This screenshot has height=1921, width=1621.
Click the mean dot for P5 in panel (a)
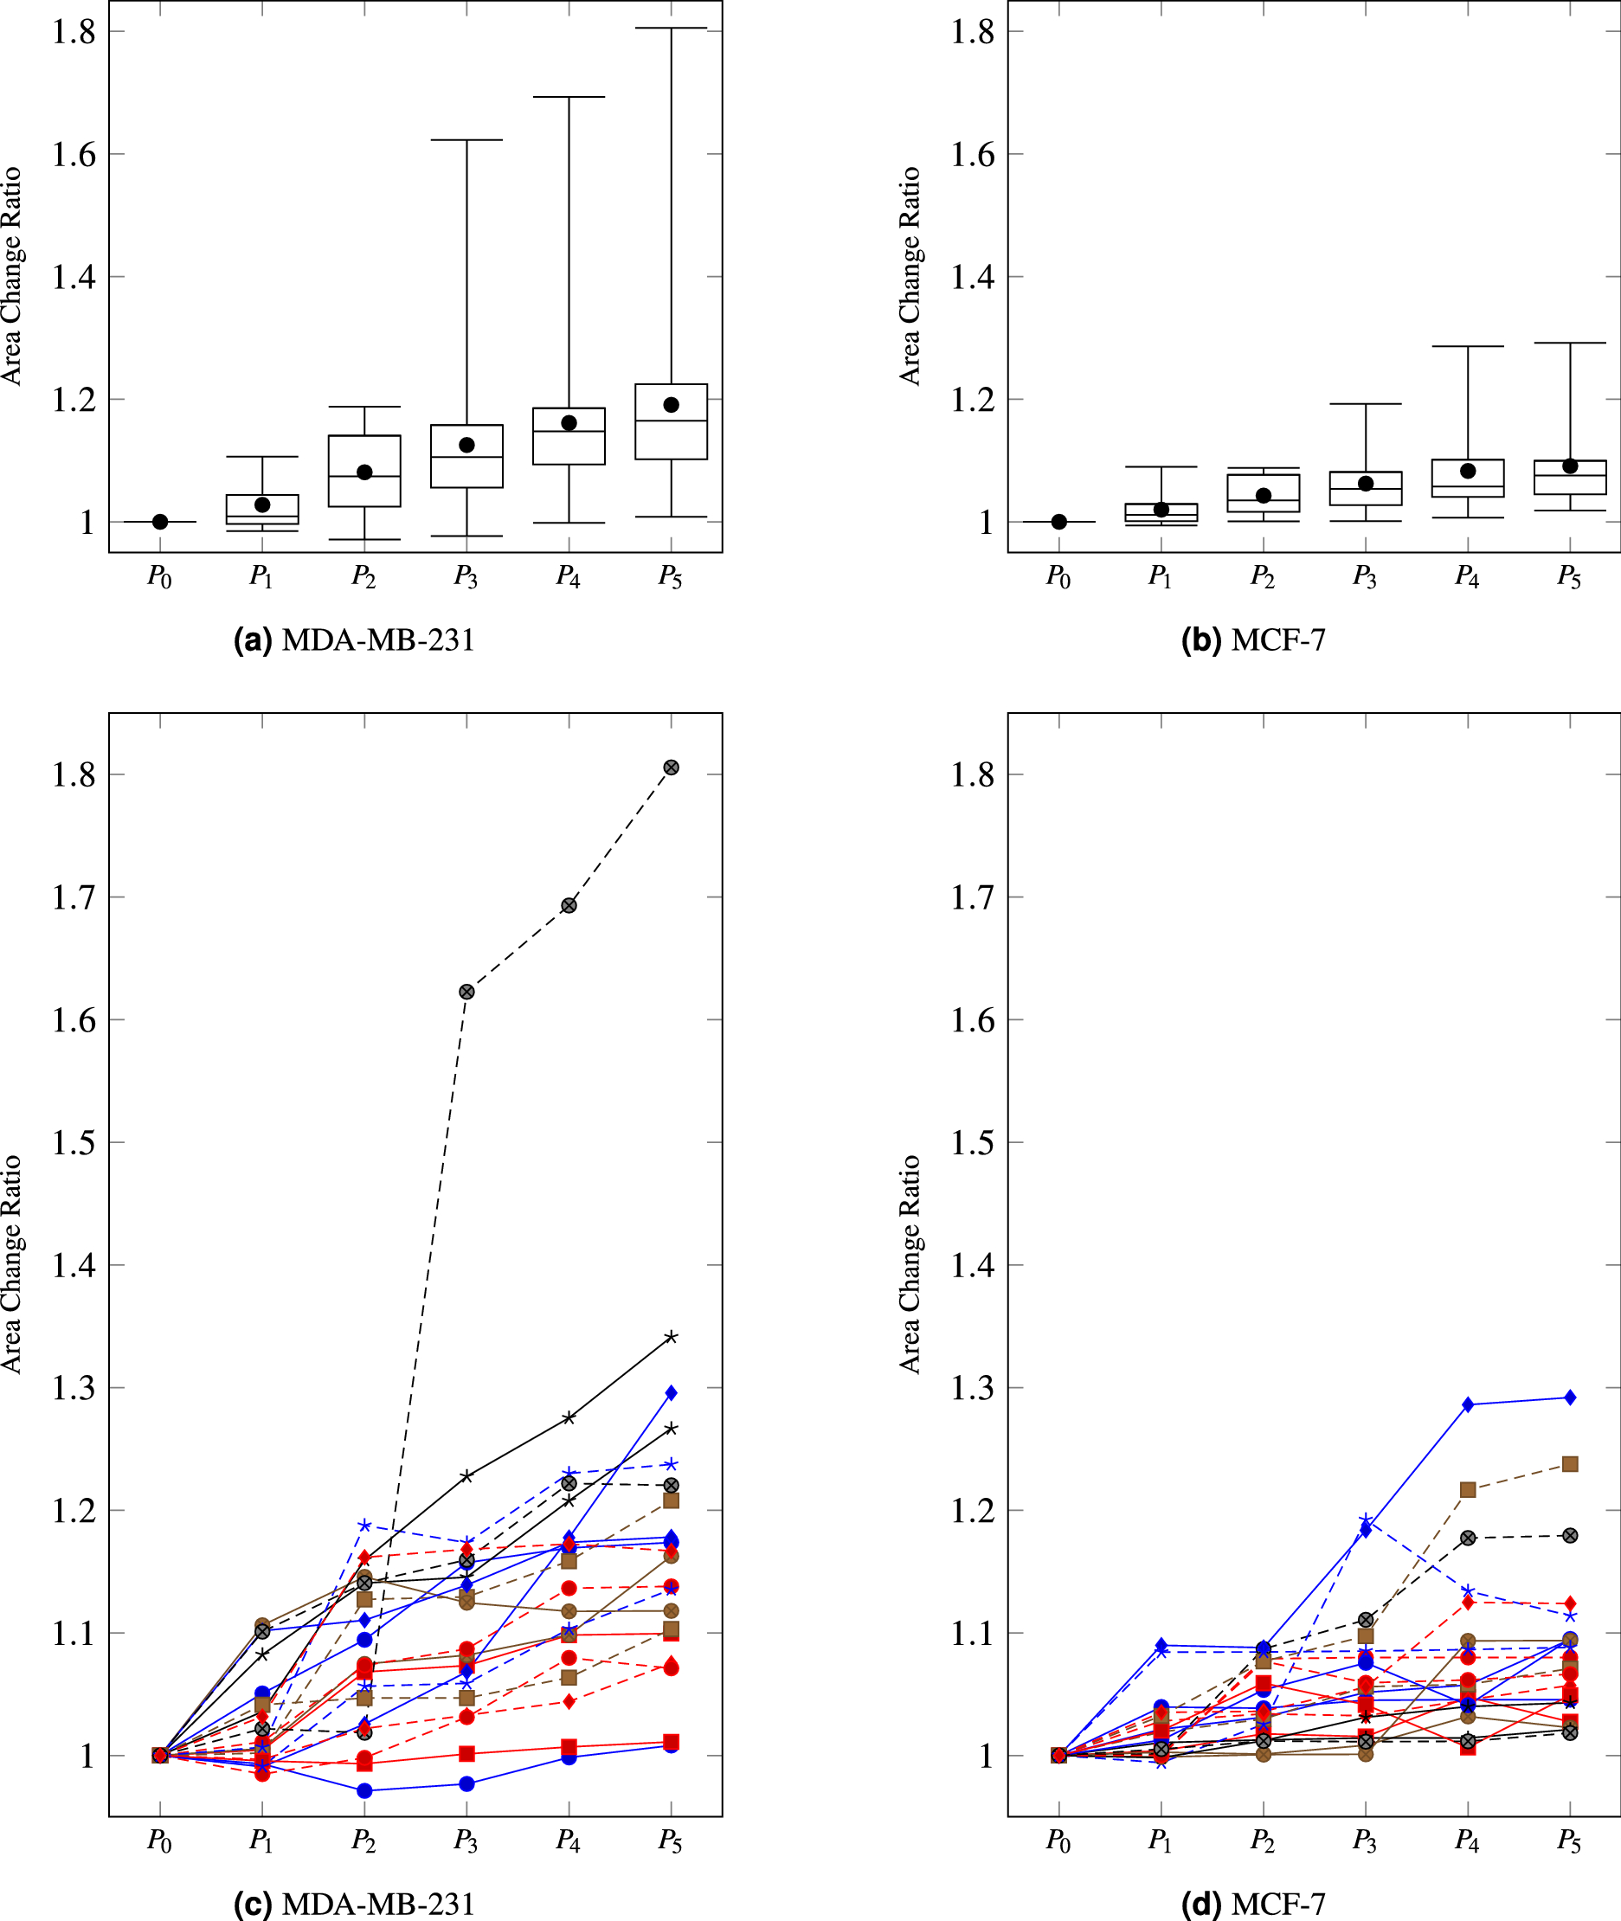point(671,405)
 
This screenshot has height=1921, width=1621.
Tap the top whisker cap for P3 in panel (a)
point(466,139)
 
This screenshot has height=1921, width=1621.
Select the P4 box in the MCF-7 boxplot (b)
point(1468,478)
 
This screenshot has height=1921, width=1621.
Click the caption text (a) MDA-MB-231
point(355,639)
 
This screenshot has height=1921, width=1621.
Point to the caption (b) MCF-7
point(1253,639)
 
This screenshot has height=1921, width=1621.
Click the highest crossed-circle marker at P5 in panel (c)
point(671,768)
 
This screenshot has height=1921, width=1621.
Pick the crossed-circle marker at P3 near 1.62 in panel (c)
point(466,992)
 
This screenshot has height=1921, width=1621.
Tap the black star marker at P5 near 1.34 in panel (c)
point(671,1337)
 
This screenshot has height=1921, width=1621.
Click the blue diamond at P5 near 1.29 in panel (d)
point(1570,1397)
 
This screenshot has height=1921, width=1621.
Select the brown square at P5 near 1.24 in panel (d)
point(1570,1463)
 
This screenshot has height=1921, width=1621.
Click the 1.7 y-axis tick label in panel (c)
point(74,896)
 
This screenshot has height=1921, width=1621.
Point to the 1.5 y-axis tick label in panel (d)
point(972,1142)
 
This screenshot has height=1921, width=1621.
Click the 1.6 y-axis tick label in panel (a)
point(74,154)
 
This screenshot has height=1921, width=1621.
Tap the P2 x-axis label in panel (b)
point(1263,577)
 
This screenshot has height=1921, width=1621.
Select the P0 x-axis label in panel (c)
point(160,1841)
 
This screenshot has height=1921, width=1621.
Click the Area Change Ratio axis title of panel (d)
point(910,1264)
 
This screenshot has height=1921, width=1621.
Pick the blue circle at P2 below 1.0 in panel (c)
point(363,1790)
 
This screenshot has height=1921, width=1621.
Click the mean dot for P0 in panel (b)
point(1058,522)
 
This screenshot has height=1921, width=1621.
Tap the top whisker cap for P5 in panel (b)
point(1570,343)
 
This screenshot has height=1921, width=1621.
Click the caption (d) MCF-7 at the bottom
point(1253,1904)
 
